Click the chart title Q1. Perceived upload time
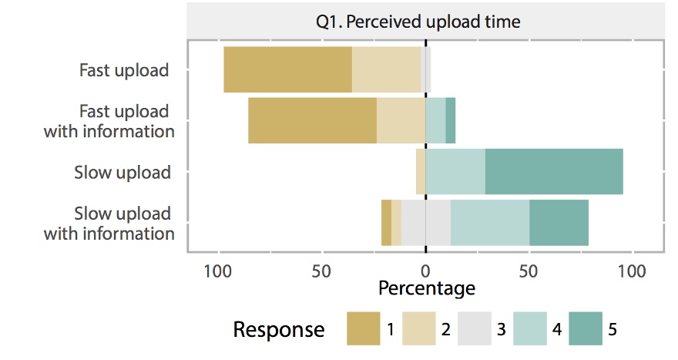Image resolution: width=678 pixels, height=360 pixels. pyautogui.click(x=418, y=22)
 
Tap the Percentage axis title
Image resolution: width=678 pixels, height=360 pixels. pyautogui.click(x=426, y=289)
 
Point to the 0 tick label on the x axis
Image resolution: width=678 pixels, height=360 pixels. pyautogui.click(x=425, y=271)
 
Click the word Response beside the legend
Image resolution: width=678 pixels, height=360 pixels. pyautogui.click(x=279, y=330)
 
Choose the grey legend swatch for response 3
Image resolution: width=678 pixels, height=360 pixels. pyautogui.click(x=474, y=329)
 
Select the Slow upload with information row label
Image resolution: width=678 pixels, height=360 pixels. pyautogui.click(x=109, y=223)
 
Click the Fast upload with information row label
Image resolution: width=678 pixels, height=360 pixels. pyautogui.click(x=109, y=121)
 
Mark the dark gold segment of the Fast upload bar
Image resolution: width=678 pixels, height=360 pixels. pyautogui.click(x=287, y=69)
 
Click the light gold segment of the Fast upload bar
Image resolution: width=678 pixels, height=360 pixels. pyautogui.click(x=386, y=69)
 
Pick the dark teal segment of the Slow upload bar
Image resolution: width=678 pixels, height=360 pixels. pyautogui.click(x=554, y=172)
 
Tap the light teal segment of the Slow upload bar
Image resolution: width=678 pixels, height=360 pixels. pyautogui.click(x=455, y=172)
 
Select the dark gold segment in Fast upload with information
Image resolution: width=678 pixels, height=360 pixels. pyautogui.click(x=312, y=121)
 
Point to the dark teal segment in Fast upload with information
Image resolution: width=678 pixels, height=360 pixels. pyautogui.click(x=451, y=121)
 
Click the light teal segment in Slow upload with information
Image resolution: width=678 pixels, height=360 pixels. pyautogui.click(x=490, y=223)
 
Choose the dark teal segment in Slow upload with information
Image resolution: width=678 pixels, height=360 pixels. pyautogui.click(x=559, y=223)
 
